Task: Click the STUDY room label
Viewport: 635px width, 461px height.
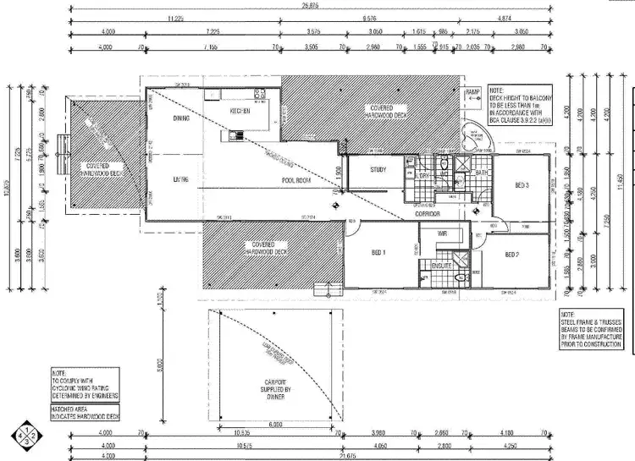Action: tap(378, 170)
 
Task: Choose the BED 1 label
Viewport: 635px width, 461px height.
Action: tap(378, 251)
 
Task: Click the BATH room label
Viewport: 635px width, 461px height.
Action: tap(482, 173)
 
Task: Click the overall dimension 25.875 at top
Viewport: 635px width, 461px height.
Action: tap(309, 6)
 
